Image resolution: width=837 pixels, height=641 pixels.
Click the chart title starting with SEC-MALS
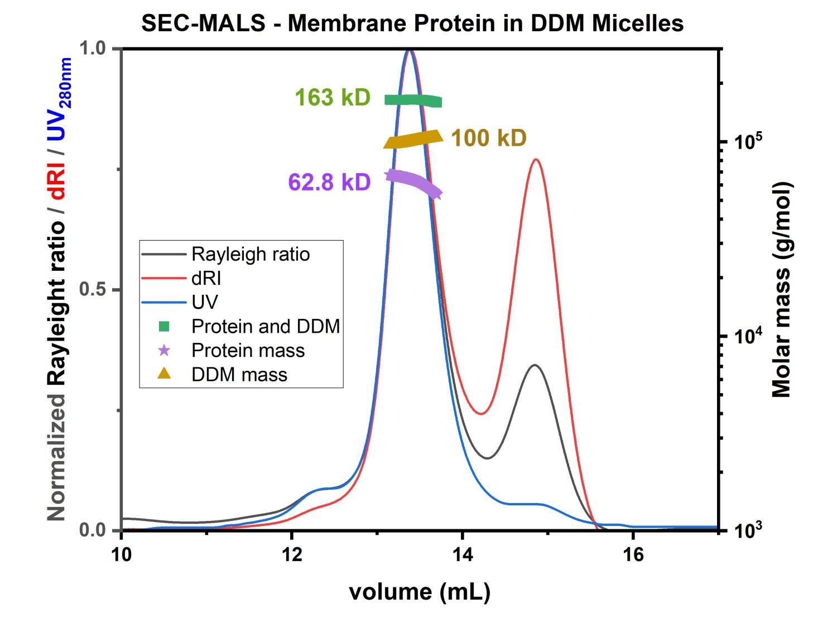click(412, 23)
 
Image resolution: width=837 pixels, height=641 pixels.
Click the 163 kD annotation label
click(332, 98)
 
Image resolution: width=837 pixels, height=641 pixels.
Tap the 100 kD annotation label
click(488, 138)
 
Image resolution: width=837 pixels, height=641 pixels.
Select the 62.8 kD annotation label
click(329, 182)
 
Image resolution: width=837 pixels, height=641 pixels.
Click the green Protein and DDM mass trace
click(413, 100)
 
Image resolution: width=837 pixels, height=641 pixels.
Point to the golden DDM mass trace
click(413, 140)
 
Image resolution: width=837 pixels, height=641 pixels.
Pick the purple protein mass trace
click(413, 181)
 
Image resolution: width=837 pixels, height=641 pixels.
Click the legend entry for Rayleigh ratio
click(250, 254)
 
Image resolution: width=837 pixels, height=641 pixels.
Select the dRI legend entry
click(206, 278)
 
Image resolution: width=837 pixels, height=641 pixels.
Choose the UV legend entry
click(204, 302)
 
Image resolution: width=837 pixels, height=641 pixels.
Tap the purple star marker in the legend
click(164, 351)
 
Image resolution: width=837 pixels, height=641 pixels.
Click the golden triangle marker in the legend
click(164, 374)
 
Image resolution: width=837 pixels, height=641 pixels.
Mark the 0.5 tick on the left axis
click(92, 290)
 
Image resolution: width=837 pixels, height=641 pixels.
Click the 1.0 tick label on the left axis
click(92, 49)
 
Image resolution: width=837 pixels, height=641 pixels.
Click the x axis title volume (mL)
click(420, 591)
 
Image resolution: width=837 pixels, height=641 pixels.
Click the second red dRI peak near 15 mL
click(536, 160)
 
